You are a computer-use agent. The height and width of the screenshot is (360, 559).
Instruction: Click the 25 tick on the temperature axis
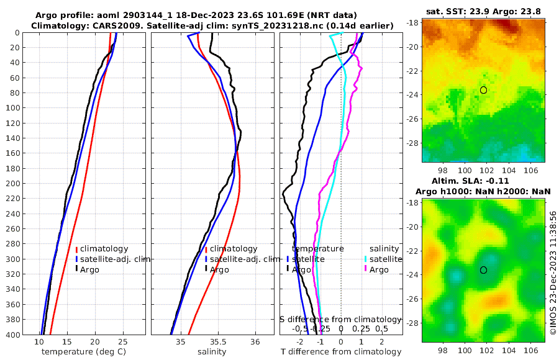(x=123, y=342)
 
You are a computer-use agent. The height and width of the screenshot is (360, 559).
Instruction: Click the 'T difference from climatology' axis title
(x=342, y=352)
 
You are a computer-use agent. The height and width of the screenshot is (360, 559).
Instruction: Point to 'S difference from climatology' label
(x=340, y=319)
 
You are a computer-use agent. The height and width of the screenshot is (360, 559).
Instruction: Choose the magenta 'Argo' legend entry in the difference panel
(x=378, y=269)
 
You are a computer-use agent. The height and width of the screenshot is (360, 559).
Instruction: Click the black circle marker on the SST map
(x=483, y=90)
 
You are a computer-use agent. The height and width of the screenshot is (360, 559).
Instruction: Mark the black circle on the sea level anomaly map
(x=483, y=270)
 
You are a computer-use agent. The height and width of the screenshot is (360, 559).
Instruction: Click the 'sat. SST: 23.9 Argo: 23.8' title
(x=483, y=11)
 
